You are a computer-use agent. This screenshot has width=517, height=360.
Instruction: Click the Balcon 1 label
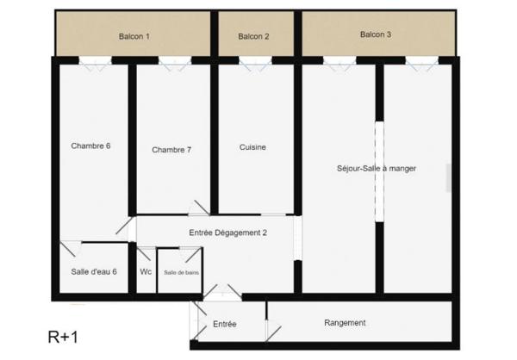tap(134, 36)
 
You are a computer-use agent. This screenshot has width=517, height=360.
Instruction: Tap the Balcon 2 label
tap(253, 36)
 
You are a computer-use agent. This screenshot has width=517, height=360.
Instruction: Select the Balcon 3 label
tap(376, 34)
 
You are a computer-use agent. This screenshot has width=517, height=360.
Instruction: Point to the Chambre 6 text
tap(90, 146)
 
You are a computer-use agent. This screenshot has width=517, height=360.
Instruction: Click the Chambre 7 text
tap(171, 150)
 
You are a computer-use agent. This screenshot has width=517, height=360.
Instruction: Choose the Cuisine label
tap(252, 147)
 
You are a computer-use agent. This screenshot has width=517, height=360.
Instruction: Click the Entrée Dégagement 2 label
tap(228, 233)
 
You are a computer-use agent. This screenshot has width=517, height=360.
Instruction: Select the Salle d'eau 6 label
tap(94, 271)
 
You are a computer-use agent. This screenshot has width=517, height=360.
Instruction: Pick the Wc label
tap(146, 271)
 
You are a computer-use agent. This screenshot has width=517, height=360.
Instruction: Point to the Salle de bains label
tap(181, 272)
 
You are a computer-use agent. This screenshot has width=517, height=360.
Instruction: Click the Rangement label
tap(345, 323)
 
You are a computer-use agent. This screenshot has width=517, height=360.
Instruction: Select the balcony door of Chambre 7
tap(175, 61)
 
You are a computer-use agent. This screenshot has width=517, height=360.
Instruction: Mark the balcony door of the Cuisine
tap(255, 61)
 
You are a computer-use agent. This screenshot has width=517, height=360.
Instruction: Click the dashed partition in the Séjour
tap(378, 172)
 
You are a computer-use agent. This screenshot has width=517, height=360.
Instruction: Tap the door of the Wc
tap(146, 253)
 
